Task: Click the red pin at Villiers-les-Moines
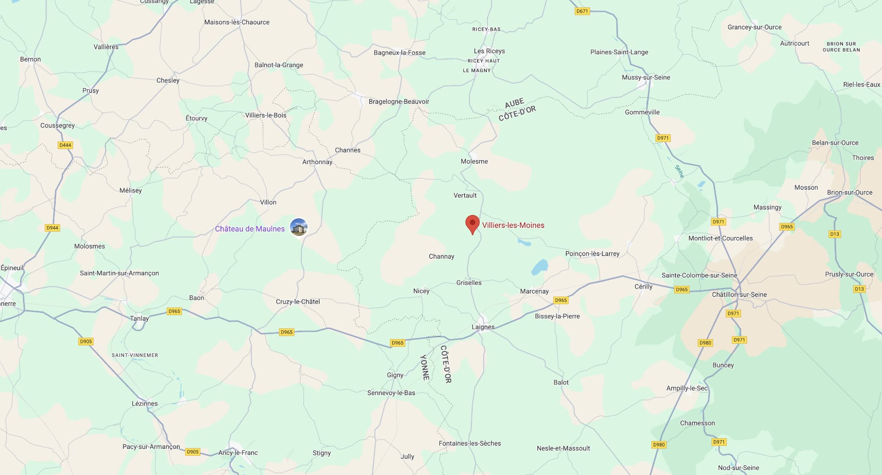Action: click(472, 224)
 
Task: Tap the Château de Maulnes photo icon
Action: click(299, 227)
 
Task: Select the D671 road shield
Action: click(582, 11)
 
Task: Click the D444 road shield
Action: click(65, 145)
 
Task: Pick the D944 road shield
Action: click(52, 228)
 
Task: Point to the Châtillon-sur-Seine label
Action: click(739, 294)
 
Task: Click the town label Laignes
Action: click(483, 327)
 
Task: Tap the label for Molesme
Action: click(474, 161)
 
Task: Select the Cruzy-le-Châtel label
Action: click(298, 301)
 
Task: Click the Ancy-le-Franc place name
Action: click(238, 452)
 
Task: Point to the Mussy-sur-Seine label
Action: click(645, 77)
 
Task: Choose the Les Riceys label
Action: click(489, 51)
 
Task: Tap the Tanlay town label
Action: click(139, 318)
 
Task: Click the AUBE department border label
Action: click(514, 103)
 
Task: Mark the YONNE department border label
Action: click(425, 367)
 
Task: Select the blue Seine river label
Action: click(679, 171)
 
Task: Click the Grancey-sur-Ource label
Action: click(754, 27)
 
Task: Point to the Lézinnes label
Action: click(145, 403)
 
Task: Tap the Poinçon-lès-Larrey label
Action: click(592, 254)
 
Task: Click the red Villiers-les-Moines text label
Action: click(513, 225)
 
